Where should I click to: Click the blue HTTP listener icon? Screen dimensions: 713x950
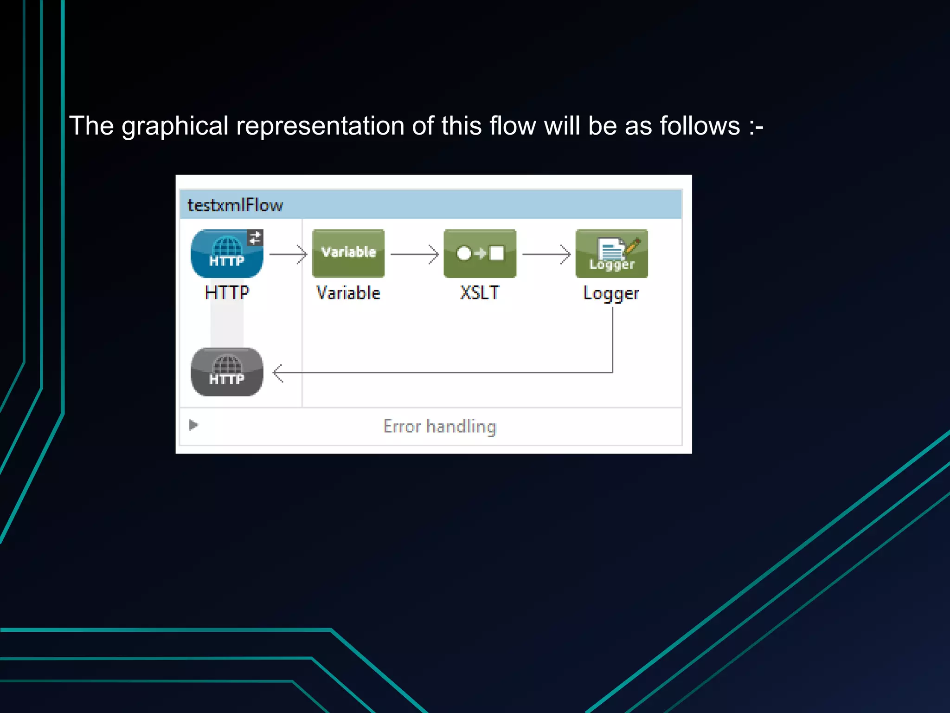point(226,253)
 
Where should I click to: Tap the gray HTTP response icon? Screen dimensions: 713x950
point(226,372)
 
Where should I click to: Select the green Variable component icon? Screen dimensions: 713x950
point(348,253)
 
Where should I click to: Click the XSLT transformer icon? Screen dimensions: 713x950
point(480,253)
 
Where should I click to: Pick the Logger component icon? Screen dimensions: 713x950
point(611,253)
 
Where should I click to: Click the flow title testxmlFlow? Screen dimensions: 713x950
point(235,205)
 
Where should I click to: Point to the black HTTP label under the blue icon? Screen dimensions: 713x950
point(227,292)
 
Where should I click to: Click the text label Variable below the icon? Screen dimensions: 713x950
point(348,293)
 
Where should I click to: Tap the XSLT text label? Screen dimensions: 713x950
point(480,293)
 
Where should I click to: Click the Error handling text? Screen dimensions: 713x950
point(440,427)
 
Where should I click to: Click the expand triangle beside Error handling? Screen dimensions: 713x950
point(193,425)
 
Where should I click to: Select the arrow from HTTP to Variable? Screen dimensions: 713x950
point(288,254)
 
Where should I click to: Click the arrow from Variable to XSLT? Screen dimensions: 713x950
point(414,254)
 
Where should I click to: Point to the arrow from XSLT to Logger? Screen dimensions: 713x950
point(546,254)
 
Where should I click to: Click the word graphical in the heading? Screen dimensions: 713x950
point(175,126)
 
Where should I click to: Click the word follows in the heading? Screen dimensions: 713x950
point(700,126)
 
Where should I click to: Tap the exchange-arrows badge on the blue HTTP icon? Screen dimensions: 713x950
point(255,238)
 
